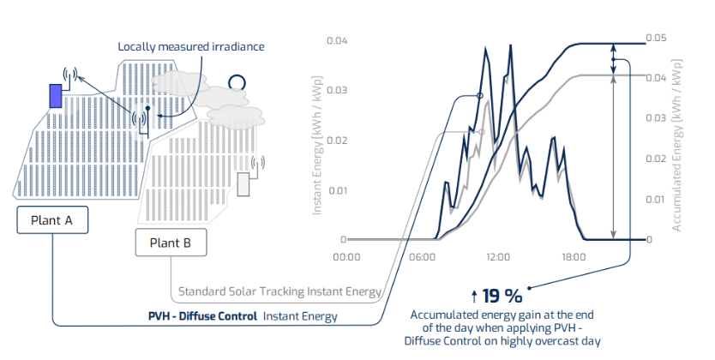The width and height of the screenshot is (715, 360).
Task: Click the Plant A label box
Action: point(51,220)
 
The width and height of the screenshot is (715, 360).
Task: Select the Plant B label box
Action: point(171,243)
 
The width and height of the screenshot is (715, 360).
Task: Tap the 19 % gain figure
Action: point(502,297)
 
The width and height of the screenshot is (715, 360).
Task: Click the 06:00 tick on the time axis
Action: point(422,256)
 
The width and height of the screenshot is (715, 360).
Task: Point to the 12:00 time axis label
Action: point(498,256)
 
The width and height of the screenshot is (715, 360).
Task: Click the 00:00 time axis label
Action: point(346,256)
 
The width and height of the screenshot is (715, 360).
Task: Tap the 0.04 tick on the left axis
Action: point(338,41)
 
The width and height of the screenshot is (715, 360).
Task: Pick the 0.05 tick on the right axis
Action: point(656,39)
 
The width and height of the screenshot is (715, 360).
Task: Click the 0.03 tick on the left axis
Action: point(338,90)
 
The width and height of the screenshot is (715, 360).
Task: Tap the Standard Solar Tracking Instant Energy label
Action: point(279,292)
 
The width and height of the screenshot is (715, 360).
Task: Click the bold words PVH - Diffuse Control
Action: point(202,316)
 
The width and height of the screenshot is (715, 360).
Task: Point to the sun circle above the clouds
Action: point(236,83)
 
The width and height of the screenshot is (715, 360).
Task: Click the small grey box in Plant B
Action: point(243,185)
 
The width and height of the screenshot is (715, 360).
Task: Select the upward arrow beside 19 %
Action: point(475,297)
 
